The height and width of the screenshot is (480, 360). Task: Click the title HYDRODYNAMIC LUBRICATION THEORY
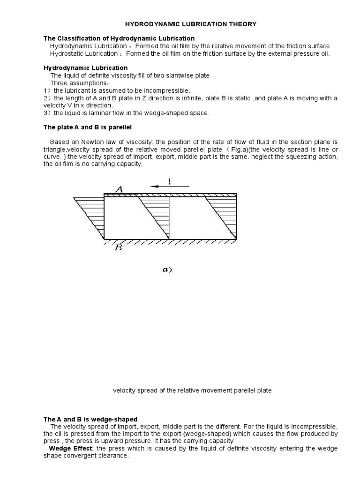click(x=190, y=24)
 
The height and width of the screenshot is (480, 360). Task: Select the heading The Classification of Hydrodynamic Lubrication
click(x=119, y=38)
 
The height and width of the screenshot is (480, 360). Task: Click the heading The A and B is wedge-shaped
click(x=90, y=419)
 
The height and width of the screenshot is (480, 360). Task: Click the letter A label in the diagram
click(x=119, y=189)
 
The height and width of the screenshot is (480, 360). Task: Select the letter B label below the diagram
click(x=118, y=248)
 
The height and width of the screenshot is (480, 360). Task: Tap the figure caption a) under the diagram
click(x=166, y=270)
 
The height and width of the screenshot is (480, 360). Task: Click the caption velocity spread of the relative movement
click(x=192, y=390)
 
